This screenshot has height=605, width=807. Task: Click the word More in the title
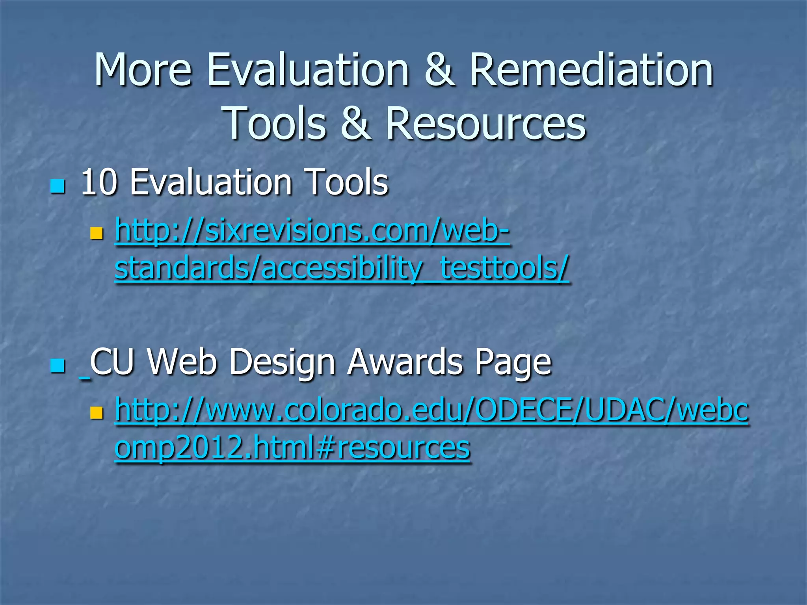pyautogui.click(x=143, y=70)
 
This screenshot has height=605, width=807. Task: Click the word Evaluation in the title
pyautogui.click(x=308, y=70)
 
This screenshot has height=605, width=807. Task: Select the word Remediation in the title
pyautogui.click(x=591, y=70)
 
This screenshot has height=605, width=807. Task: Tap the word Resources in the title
pyautogui.click(x=485, y=124)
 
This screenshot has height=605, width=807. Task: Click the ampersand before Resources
pyautogui.click(x=355, y=124)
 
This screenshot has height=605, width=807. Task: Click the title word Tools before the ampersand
pyautogui.click(x=276, y=124)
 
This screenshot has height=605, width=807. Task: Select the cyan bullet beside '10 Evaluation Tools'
pyautogui.click(x=58, y=186)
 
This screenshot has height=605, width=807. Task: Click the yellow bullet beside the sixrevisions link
pyautogui.click(x=96, y=233)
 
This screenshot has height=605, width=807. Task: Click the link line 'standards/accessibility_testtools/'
pyautogui.click(x=341, y=268)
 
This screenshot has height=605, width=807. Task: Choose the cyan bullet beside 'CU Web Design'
pyautogui.click(x=58, y=366)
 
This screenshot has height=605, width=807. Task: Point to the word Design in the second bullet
pyautogui.click(x=282, y=362)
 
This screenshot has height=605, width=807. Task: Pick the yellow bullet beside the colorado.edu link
pyautogui.click(x=96, y=413)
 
